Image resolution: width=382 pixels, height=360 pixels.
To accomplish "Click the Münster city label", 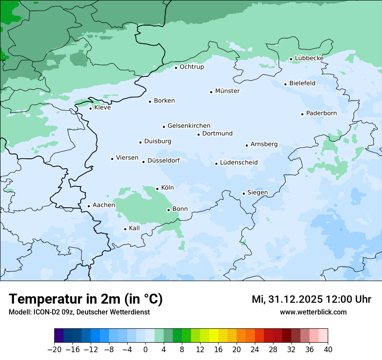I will click(x=227, y=91).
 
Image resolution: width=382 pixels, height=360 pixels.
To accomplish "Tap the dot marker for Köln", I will click(x=157, y=189).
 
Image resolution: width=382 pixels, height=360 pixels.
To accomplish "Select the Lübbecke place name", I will click(x=309, y=58).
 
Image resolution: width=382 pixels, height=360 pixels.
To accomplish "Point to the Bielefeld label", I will click(x=302, y=83).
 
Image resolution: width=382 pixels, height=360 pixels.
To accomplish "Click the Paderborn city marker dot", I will click(x=302, y=114).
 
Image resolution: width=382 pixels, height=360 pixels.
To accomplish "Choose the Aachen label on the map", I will click(x=104, y=205).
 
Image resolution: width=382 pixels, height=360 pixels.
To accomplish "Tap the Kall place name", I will click(x=135, y=228).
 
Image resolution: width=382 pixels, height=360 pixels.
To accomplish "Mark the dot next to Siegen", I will click(x=244, y=193).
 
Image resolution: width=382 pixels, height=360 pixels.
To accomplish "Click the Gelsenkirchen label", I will click(x=189, y=126).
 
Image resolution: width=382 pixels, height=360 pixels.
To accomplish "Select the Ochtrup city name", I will click(x=191, y=67).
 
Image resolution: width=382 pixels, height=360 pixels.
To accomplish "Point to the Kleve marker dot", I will click(x=90, y=108).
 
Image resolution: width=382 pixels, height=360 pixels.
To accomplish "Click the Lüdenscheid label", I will click(x=239, y=163).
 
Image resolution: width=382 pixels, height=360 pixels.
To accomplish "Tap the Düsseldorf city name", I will click(x=164, y=160).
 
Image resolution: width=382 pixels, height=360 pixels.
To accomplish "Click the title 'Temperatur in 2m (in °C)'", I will click(x=86, y=299).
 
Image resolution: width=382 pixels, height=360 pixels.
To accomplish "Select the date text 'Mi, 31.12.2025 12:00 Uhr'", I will click(x=311, y=299).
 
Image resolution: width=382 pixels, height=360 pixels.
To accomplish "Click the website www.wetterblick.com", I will click(x=313, y=312).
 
